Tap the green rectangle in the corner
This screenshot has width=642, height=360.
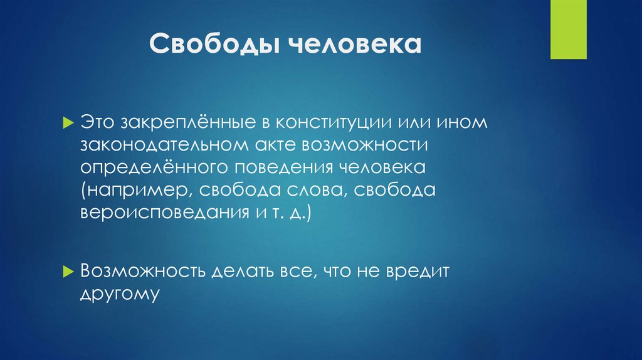[x=568, y=29]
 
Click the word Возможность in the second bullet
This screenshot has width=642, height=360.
[x=141, y=271]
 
